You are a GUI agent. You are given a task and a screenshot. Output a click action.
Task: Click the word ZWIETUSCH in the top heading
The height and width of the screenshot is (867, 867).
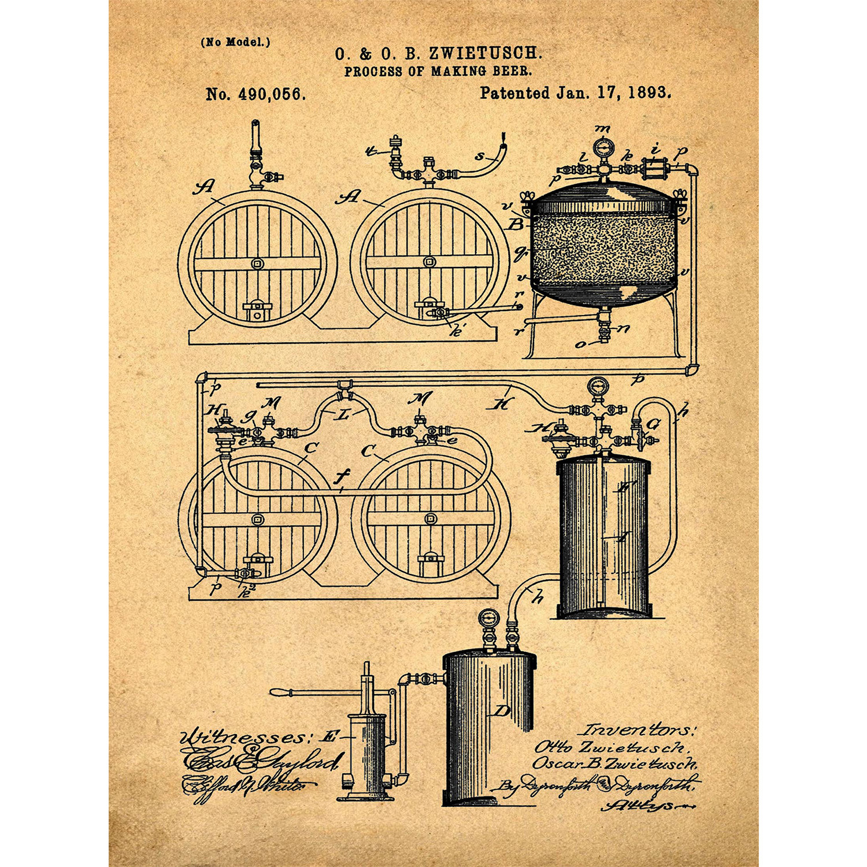point(485,54)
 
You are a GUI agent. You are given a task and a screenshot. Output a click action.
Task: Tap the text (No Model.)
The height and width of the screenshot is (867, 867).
point(235,42)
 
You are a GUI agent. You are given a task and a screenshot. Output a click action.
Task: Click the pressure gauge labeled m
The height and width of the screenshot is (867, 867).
point(604,148)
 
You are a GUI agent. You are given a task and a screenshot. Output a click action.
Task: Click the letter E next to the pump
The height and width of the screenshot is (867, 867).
point(330,736)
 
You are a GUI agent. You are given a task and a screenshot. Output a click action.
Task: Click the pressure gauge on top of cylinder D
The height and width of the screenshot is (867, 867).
point(488,618)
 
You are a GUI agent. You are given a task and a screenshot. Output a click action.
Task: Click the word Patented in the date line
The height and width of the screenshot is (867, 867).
point(514,92)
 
